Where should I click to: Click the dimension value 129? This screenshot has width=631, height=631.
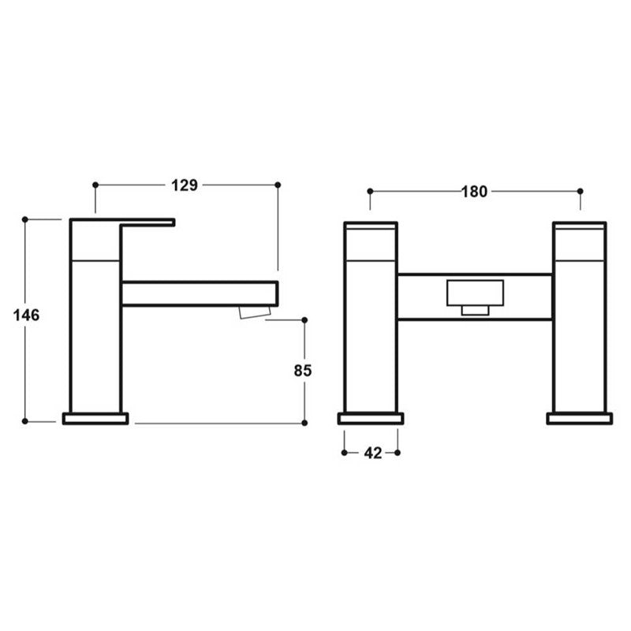(184, 185)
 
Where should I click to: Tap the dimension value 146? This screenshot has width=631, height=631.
(26, 315)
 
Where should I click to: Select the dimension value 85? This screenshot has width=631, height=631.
(304, 370)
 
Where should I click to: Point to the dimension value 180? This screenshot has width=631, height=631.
(474, 192)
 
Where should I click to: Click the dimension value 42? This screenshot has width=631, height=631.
(371, 453)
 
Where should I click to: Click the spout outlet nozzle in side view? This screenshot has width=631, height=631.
(254, 313)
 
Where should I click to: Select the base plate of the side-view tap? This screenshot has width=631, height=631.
(95, 418)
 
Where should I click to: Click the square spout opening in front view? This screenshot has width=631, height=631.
(474, 293)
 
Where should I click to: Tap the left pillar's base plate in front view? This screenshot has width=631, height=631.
(371, 418)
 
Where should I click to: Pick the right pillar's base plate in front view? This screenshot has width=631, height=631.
(579, 418)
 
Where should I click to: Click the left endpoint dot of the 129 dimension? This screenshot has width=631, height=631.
(95, 185)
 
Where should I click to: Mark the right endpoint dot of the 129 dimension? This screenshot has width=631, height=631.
(278, 185)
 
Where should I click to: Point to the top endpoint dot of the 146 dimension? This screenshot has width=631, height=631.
(25, 219)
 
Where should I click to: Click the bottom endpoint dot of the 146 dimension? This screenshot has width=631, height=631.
(25, 421)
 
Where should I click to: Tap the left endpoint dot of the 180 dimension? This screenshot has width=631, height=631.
(370, 192)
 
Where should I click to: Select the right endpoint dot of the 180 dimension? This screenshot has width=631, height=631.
(581, 192)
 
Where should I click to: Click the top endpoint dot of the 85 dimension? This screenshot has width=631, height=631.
(304, 320)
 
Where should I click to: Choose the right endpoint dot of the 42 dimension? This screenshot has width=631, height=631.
(398, 453)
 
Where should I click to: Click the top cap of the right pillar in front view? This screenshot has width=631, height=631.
(580, 226)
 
